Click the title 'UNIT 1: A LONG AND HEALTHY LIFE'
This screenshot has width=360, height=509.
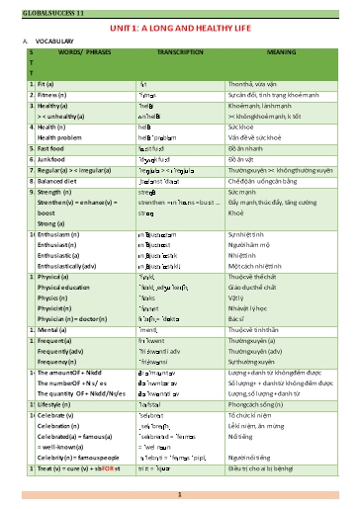click(x=180, y=30)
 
